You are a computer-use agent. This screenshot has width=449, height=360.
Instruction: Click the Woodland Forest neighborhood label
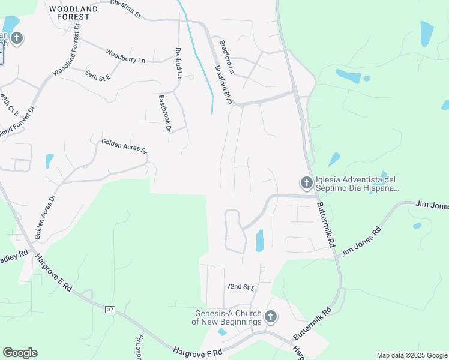[70, 13]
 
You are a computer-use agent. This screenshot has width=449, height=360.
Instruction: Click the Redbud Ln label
[178, 63]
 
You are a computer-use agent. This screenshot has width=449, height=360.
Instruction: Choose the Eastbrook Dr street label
[165, 113]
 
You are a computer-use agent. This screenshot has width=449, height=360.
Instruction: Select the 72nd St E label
[241, 288]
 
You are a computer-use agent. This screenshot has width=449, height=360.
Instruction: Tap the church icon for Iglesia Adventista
[306, 182]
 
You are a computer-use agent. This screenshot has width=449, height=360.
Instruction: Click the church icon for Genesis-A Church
[271, 316]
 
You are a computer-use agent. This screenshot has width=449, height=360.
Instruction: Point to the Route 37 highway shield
[109, 309]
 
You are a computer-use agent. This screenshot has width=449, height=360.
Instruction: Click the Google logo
[20, 353]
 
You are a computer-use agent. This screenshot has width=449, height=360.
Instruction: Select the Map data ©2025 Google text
[412, 355]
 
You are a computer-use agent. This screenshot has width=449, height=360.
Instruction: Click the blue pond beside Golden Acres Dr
[49, 161]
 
